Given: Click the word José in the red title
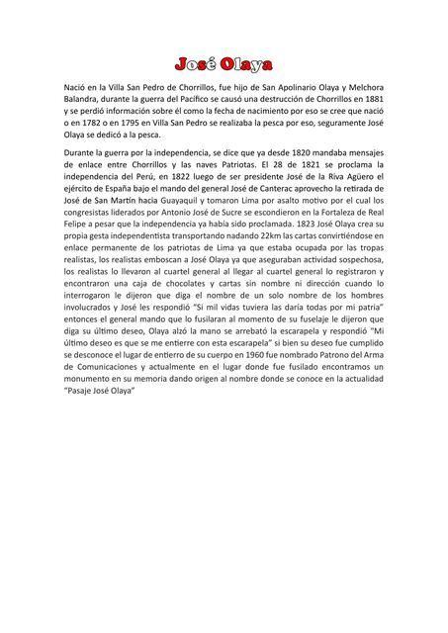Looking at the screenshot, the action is click(x=195, y=65).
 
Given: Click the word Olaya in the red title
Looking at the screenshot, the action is click(x=245, y=65).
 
